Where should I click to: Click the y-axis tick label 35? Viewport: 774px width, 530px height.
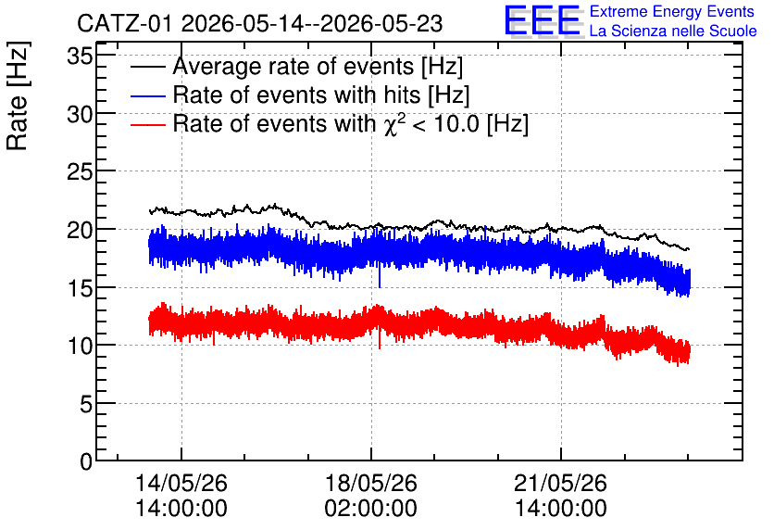80,56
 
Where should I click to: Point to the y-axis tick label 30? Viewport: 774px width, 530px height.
80,114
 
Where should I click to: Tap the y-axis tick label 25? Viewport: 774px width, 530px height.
80,172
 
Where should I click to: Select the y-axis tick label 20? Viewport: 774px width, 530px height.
80,230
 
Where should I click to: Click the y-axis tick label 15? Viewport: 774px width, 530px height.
80,288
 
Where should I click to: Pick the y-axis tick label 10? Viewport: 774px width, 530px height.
80,346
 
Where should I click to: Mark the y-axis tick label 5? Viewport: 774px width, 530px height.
86,404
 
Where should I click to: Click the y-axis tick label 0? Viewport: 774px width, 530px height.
86,461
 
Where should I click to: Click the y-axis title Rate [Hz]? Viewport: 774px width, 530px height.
18,95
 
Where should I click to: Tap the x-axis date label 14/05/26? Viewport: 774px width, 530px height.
181,483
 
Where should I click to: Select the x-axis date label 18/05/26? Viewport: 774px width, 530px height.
370,483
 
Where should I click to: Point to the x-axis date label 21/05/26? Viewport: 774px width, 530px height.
560,483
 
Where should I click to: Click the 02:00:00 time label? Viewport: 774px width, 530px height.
370,508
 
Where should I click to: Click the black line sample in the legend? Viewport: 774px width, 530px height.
148,67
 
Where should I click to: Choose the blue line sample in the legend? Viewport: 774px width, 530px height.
148,95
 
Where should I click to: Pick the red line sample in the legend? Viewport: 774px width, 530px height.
148,124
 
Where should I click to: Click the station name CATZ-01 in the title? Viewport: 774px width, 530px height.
124,24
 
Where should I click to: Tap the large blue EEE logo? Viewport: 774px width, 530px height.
543,20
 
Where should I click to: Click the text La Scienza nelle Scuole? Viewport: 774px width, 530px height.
673,31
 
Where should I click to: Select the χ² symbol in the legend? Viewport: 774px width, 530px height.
394,124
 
